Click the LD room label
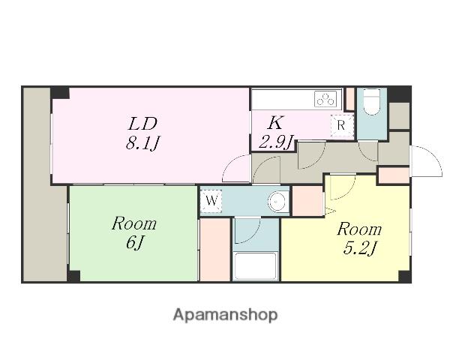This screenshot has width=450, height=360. point(142,124)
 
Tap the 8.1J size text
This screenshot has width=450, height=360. point(142,142)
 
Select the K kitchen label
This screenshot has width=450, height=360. point(276,123)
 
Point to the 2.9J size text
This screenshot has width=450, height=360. point(276,142)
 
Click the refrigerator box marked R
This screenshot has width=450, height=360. point(341,125)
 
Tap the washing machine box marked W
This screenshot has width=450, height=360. point(211,201)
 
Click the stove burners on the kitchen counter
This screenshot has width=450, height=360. point(325,99)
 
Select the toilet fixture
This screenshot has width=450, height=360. point(372,101)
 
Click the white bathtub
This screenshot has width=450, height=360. point(255,266)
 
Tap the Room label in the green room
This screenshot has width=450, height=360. point(134,223)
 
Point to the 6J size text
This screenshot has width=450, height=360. point(134,243)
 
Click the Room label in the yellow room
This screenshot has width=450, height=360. point(359,229)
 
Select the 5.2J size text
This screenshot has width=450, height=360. point(359,248)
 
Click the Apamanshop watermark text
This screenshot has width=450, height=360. point(225,316)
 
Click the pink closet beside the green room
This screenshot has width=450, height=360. point(215,250)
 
